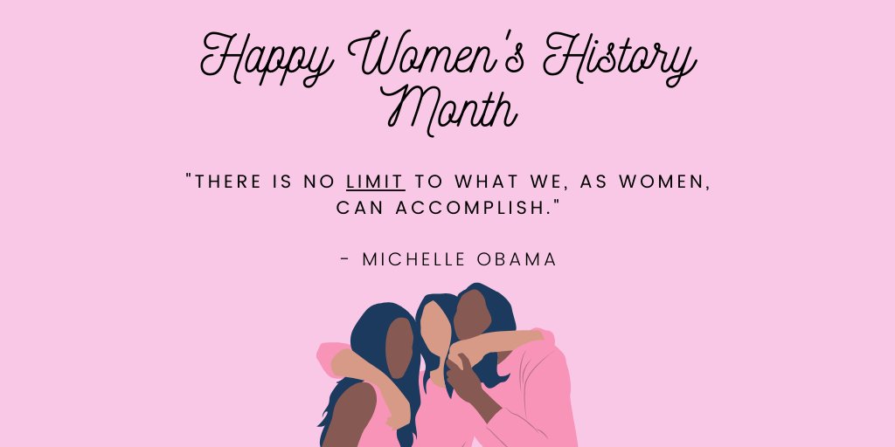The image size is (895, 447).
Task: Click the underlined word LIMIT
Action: (x=375, y=182)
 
